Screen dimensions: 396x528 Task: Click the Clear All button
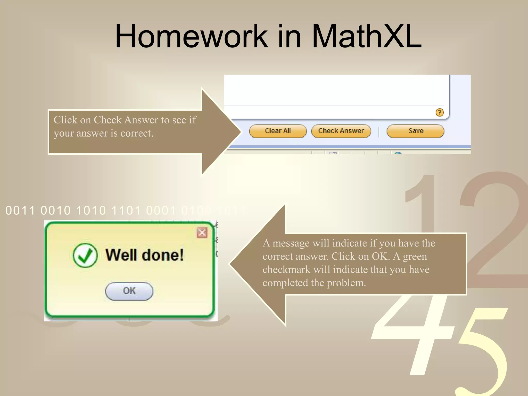(x=278, y=131)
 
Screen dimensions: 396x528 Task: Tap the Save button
(x=415, y=131)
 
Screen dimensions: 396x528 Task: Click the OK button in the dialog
(x=129, y=291)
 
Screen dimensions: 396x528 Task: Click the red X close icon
(x=202, y=233)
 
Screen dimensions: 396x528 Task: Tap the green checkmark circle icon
(x=85, y=255)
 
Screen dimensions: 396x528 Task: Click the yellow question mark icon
(x=439, y=112)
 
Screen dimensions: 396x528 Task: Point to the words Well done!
(x=144, y=255)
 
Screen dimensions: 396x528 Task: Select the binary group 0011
(x=20, y=210)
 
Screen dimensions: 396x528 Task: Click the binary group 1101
(x=126, y=210)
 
